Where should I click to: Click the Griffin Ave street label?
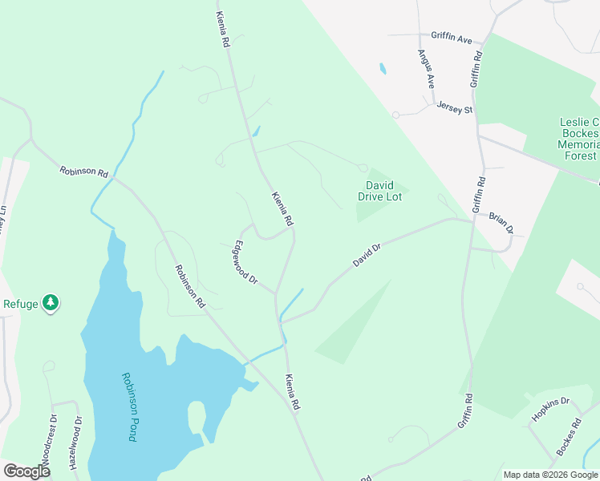(x=452, y=36)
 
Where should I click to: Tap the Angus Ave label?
(x=426, y=69)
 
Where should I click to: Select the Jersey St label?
(x=455, y=108)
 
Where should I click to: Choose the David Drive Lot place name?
(x=379, y=191)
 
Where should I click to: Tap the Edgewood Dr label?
(x=244, y=263)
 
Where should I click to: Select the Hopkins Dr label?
(x=549, y=410)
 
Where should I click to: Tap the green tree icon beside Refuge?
(x=51, y=302)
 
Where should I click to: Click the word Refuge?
(x=21, y=303)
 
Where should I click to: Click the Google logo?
(x=26, y=471)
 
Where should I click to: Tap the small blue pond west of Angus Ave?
(x=383, y=69)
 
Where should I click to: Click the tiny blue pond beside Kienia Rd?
(x=257, y=131)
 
